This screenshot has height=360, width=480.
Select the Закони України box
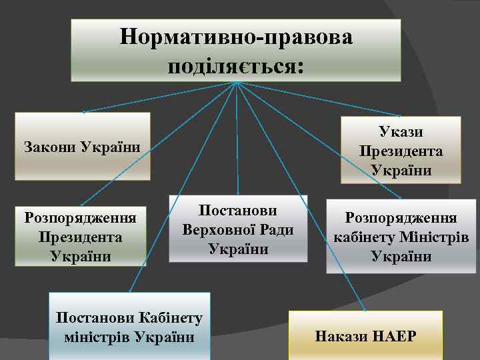[x=83, y=146]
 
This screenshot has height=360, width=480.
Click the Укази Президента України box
[x=401, y=150]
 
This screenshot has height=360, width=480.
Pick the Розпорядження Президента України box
[x=81, y=237]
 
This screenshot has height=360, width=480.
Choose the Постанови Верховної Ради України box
[x=238, y=229]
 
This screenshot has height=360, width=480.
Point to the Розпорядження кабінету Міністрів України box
[x=401, y=237]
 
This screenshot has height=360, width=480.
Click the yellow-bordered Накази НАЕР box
[x=366, y=335]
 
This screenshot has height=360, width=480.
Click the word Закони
[x=49, y=146]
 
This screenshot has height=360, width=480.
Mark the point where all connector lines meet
[x=236, y=82]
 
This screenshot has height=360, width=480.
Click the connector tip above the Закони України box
[x=83, y=111]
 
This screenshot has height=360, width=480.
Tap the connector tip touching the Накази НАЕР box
[x=365, y=311]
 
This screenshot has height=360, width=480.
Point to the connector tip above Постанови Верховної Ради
[x=238, y=194]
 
